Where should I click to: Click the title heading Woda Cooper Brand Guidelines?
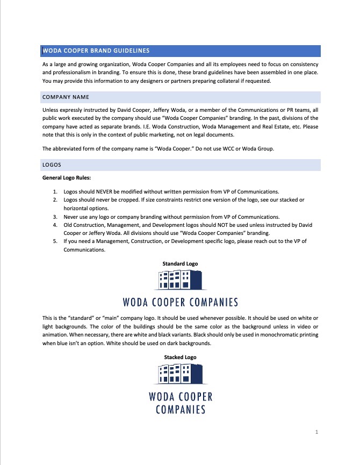point(96,51)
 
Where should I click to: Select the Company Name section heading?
point(66,97)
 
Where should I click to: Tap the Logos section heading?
point(52,165)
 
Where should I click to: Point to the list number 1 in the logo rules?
point(55,191)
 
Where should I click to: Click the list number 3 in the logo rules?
point(55,217)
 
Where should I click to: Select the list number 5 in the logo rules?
point(55,241)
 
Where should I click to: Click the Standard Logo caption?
point(180,263)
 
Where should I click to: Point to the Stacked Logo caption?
point(180,357)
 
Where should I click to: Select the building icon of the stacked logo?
point(181,374)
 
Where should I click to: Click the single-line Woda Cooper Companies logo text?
point(181,302)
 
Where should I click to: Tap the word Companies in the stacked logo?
point(181,410)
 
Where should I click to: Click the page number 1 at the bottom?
point(317,432)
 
